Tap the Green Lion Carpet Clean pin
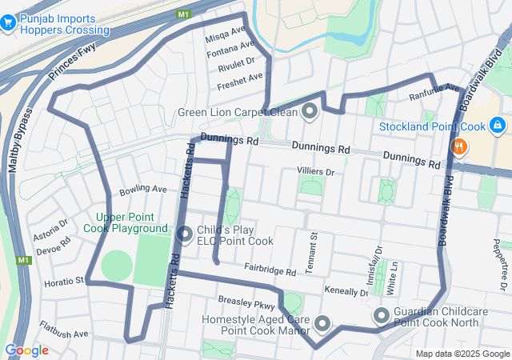pos(310,112)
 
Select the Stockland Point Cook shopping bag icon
pos(497,126)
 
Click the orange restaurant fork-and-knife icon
pos(459,146)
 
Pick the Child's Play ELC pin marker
pos(184,234)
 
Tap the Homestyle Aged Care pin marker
pos(322,323)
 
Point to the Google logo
pos(26,350)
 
